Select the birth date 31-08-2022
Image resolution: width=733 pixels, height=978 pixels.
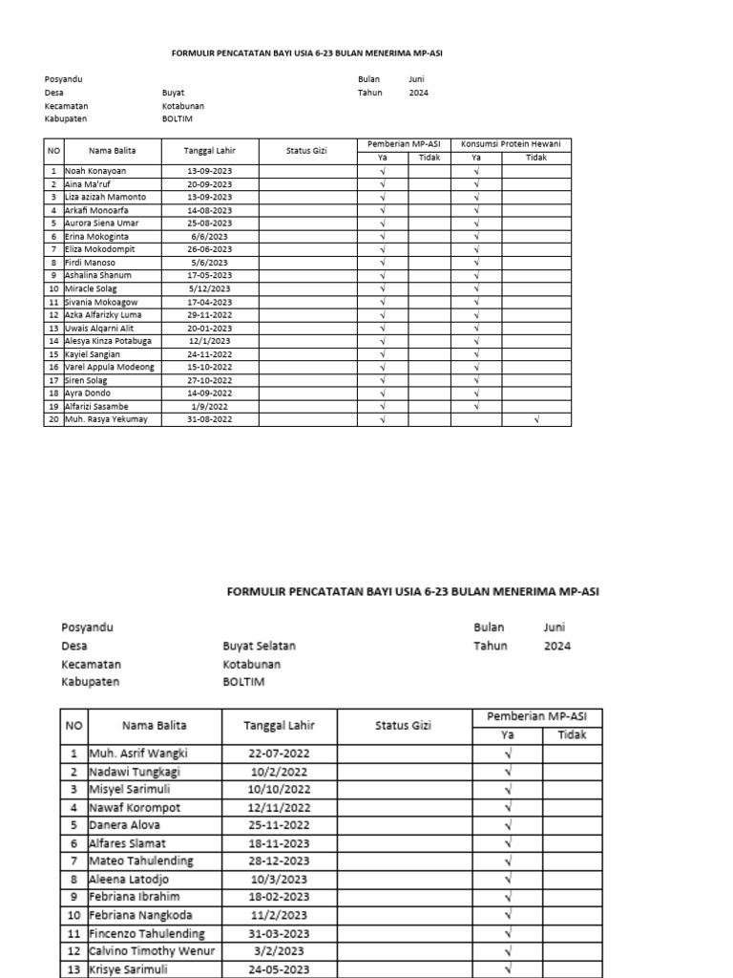coord(208,419)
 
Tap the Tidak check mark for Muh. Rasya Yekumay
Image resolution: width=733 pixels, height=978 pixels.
coord(535,419)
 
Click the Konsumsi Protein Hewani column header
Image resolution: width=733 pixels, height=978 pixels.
coord(511,144)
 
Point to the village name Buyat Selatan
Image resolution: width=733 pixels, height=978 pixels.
coord(259,646)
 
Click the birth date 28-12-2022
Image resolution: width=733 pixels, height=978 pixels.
coord(279,861)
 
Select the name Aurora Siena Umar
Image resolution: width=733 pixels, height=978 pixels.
coord(101,223)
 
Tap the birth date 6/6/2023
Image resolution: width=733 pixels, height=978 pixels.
coord(208,236)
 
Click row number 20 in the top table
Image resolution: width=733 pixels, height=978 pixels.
coord(53,419)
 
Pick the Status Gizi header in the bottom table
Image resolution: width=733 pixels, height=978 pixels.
coord(403,725)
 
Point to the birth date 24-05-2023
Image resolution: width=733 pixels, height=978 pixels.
coord(279,969)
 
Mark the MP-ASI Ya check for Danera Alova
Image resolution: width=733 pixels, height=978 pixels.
coord(508,824)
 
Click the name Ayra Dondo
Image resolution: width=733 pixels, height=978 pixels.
coord(87,393)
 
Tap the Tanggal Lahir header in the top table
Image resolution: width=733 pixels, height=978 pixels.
coord(208,150)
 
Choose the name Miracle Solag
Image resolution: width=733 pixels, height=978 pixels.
coord(91,288)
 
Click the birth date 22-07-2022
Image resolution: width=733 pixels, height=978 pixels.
coord(279,753)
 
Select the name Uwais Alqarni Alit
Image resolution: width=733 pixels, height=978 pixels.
coord(99,328)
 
